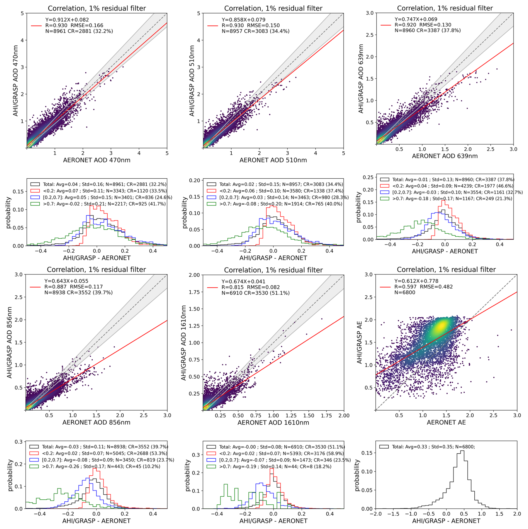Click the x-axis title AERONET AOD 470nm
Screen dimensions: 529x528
[97, 160]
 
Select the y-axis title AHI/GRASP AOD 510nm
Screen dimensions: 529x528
[192, 81]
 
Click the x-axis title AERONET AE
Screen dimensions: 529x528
[446, 422]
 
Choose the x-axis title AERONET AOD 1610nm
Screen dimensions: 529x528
[273, 423]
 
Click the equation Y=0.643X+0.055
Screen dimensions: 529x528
[66, 281]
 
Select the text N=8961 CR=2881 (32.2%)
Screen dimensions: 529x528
[79, 31]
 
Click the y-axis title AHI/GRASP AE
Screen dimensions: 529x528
[359, 342]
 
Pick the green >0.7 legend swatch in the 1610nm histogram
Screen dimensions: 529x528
[211, 466]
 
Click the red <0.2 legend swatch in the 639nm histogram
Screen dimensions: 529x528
[385, 186]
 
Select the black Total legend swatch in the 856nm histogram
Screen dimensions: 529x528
[34, 447]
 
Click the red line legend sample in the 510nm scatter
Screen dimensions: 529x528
[213, 26]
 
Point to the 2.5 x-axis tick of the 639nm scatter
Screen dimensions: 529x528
[490, 149]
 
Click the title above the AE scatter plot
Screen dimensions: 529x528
[446, 270]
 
